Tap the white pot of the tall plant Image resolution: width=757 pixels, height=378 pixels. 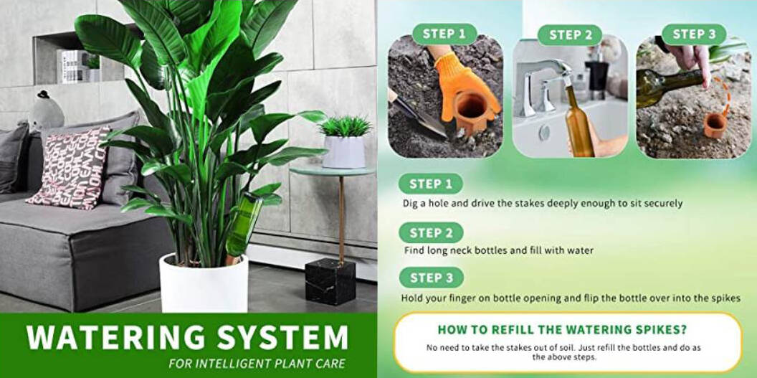point(204,284)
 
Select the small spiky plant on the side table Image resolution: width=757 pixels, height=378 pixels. point(345,126)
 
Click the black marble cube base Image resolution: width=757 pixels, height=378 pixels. point(330,281)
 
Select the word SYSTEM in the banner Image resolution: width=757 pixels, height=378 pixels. point(282,336)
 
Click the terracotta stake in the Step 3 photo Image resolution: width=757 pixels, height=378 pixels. point(715,126)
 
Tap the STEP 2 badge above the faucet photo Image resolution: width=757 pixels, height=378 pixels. point(570,35)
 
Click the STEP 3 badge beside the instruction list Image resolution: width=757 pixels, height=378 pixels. point(431,278)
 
